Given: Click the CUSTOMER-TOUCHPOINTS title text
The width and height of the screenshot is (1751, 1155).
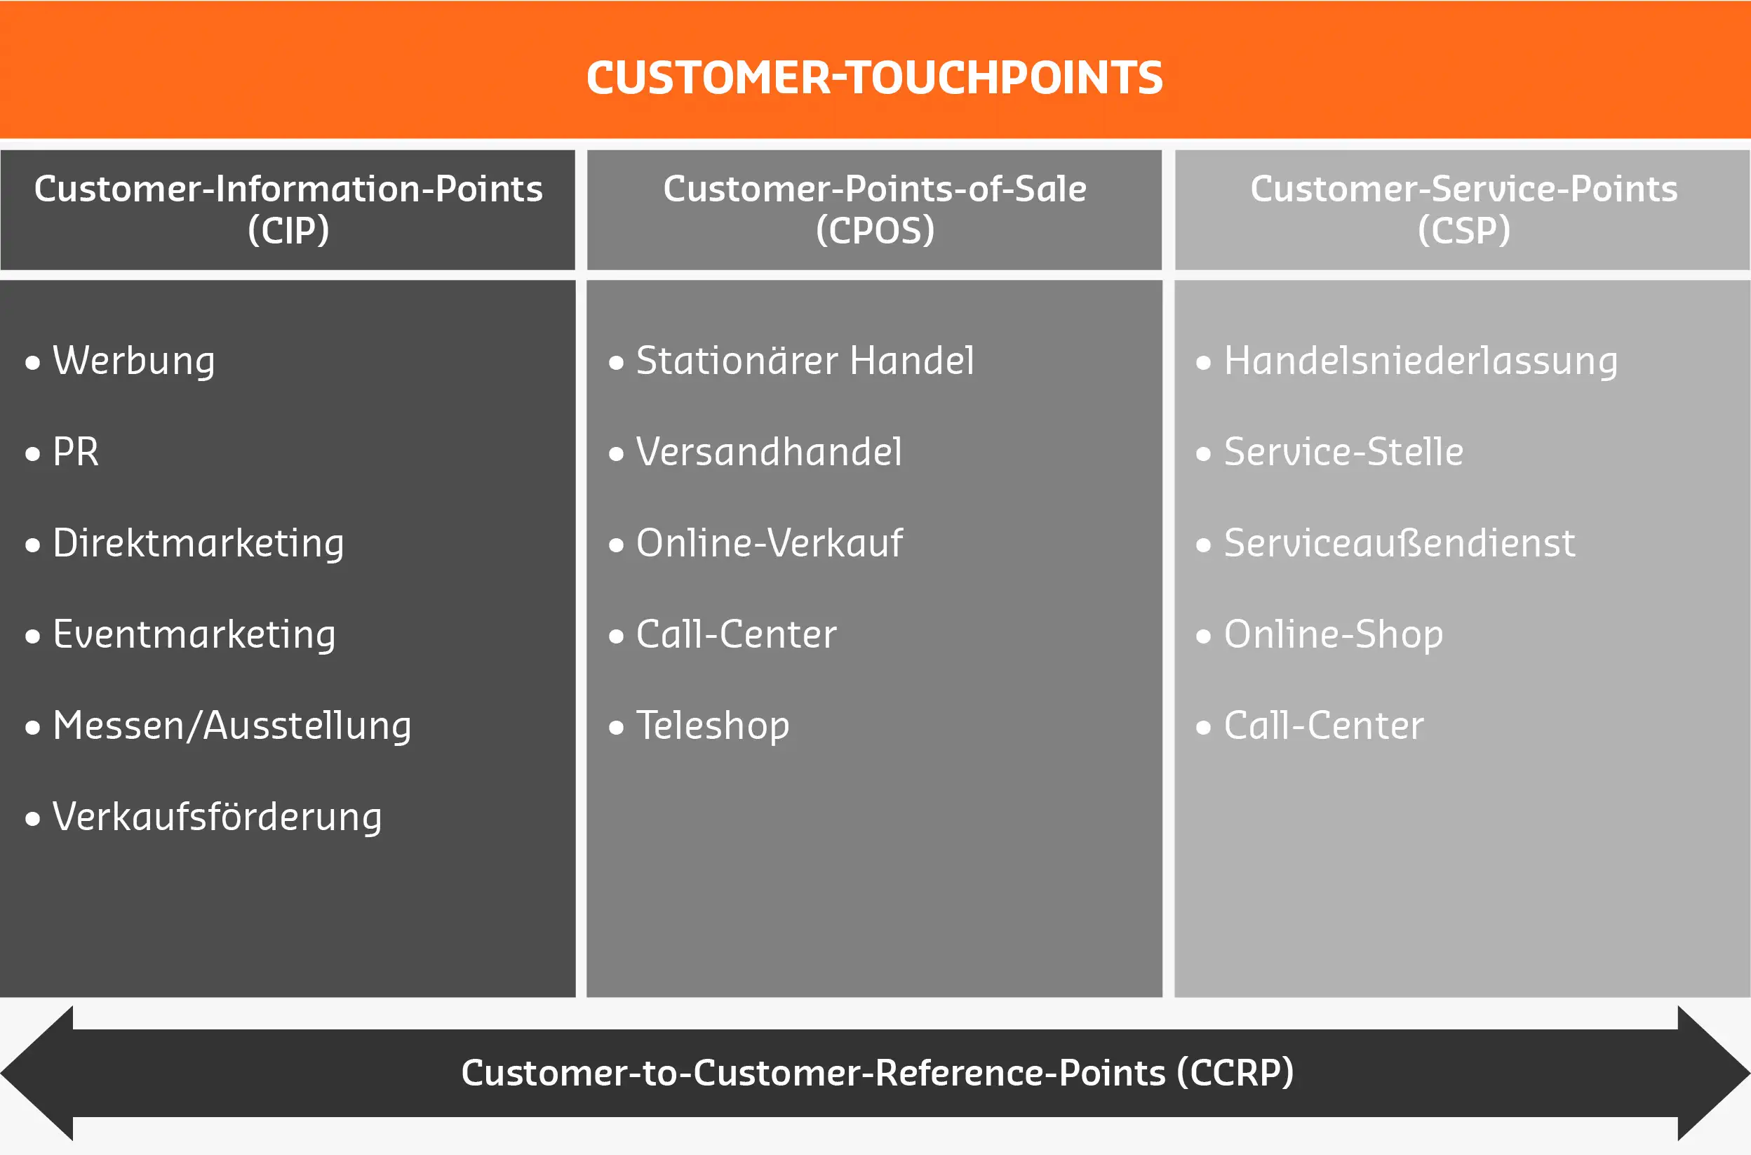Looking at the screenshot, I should click(874, 77).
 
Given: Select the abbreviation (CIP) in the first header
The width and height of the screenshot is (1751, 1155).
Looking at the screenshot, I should click(288, 230).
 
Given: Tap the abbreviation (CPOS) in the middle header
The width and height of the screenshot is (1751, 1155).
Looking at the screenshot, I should click(875, 230).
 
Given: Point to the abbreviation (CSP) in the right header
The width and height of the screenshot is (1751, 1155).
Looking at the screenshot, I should click(1464, 230).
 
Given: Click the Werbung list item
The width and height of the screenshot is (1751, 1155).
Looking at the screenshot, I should click(133, 361).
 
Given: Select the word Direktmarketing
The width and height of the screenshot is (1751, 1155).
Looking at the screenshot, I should click(198, 544).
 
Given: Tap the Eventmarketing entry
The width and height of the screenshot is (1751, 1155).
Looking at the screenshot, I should click(194, 634).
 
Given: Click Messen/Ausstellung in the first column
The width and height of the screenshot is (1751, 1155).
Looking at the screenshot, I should click(232, 726).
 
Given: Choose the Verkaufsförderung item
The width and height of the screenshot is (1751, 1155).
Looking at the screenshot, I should click(217, 817).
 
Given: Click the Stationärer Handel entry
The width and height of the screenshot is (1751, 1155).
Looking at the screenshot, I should click(805, 361).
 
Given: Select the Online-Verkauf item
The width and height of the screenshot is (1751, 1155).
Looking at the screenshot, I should click(770, 543).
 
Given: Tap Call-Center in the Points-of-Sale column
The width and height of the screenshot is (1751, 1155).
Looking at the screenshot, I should click(737, 634).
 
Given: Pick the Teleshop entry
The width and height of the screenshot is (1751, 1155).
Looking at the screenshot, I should click(713, 726).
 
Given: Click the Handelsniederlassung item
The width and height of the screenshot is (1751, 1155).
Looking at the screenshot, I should click(1421, 361).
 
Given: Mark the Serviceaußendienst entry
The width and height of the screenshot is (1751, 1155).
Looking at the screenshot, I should click(1399, 543).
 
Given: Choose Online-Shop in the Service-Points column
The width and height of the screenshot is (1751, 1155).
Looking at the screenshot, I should click(1334, 634).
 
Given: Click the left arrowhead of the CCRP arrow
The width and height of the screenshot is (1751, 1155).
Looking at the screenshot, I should click(36, 1073).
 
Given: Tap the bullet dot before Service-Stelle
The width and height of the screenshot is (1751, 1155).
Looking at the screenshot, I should click(1203, 454).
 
